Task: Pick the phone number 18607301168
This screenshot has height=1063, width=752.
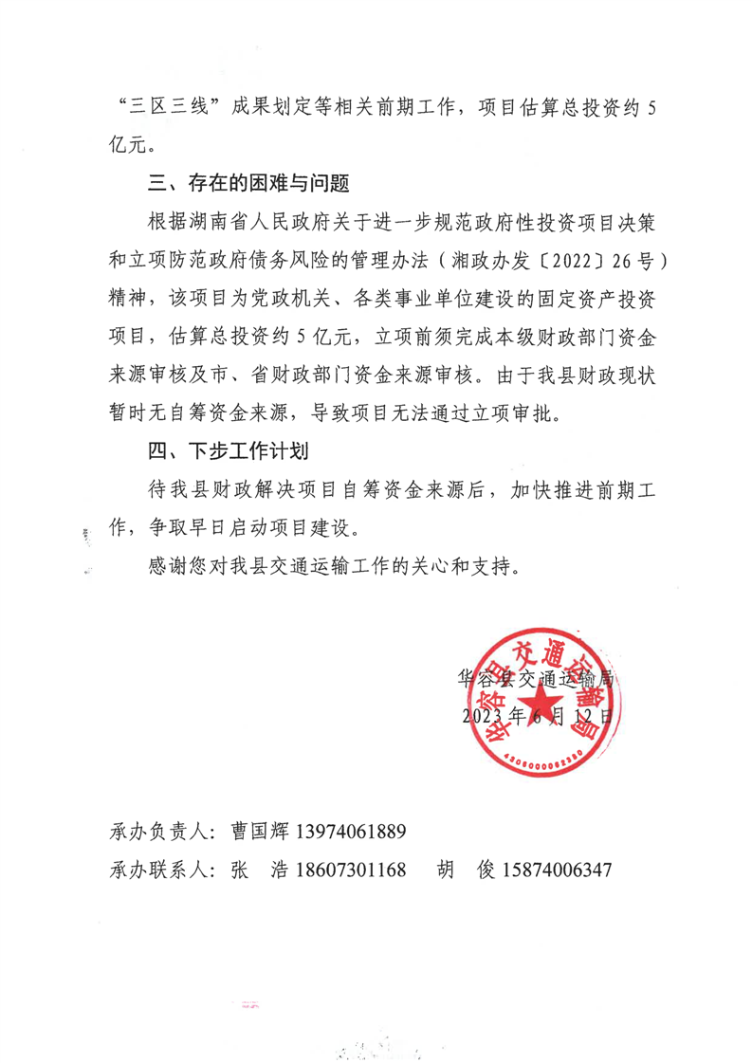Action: (x=352, y=870)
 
